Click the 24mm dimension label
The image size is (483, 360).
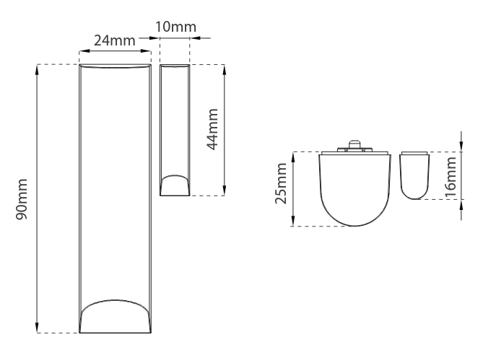116,40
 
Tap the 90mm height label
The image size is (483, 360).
23,198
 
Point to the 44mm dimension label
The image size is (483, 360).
212,129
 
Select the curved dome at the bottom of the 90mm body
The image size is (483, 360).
116,315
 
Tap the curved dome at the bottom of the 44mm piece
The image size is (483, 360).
175,184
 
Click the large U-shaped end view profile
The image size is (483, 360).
354,191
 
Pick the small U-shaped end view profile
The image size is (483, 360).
414,177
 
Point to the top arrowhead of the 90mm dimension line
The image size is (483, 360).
38,69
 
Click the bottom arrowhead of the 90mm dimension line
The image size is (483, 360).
38,328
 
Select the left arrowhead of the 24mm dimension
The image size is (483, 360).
82,51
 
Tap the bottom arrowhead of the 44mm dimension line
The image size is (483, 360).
225,190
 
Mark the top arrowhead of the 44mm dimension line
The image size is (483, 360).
225,69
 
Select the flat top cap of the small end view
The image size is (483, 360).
414,154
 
